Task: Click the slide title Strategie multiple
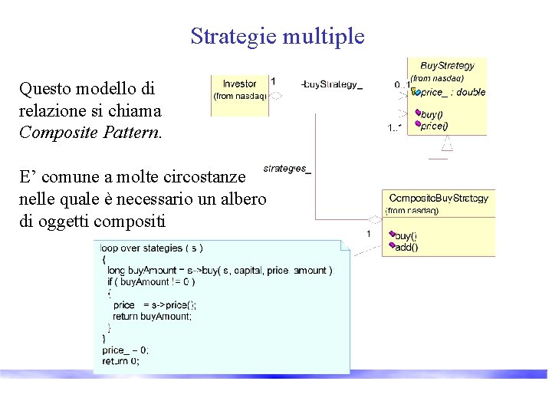point(278,36)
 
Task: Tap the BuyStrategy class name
point(447,66)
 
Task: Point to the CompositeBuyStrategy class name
point(439,198)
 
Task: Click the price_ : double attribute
point(452,92)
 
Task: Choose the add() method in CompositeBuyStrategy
point(406,247)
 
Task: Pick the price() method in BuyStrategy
point(435,126)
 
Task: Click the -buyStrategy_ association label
point(331,85)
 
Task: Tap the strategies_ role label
point(287,168)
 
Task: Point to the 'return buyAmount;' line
point(153,316)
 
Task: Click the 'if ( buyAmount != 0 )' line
point(151,281)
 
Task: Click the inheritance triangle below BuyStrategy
point(448,143)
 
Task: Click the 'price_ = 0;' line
point(125,350)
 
